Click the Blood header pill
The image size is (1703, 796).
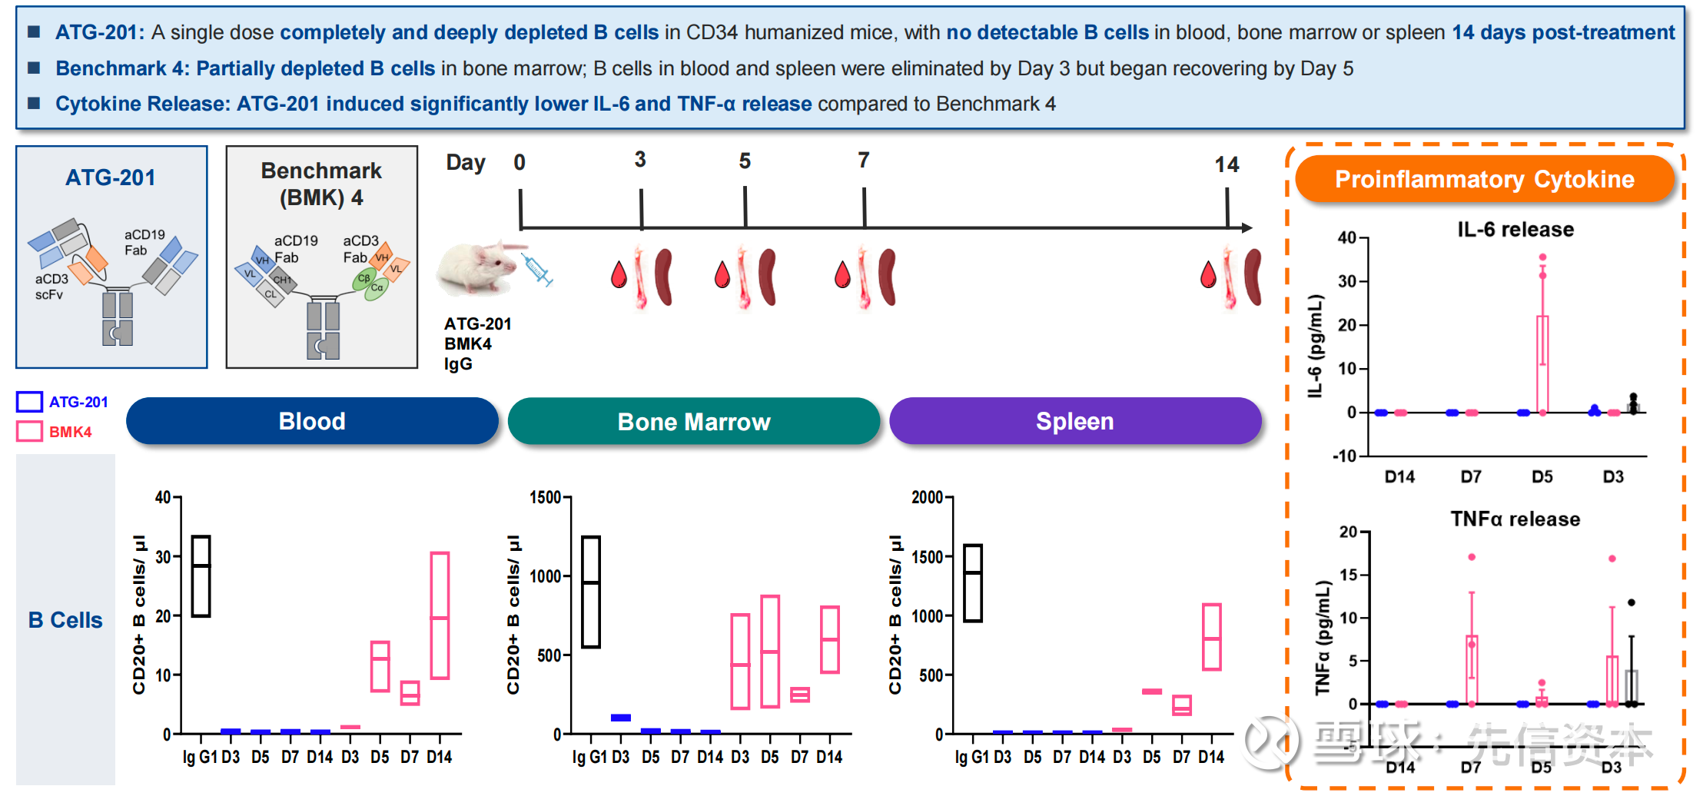(312, 421)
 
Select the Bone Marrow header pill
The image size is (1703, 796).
(693, 421)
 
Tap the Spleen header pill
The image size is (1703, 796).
(1074, 421)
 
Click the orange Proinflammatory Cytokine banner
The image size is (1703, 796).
(1484, 179)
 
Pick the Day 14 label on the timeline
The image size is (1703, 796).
(1227, 164)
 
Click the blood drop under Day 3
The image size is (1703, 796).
(619, 275)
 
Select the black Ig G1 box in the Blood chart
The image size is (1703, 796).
(201, 576)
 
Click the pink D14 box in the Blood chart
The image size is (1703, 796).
(440, 615)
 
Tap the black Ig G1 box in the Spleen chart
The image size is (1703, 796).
(973, 583)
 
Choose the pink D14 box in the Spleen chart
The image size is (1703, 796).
(1211, 637)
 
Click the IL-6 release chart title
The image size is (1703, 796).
(1515, 230)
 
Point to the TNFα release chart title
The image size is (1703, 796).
(1515, 519)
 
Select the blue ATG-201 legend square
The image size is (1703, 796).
(30, 402)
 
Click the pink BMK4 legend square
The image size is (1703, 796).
(30, 432)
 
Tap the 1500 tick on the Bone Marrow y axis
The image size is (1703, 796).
(545, 498)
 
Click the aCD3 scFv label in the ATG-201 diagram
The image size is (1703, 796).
(51, 287)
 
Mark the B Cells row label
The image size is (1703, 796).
(65, 620)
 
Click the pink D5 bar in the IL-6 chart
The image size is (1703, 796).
(1542, 364)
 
